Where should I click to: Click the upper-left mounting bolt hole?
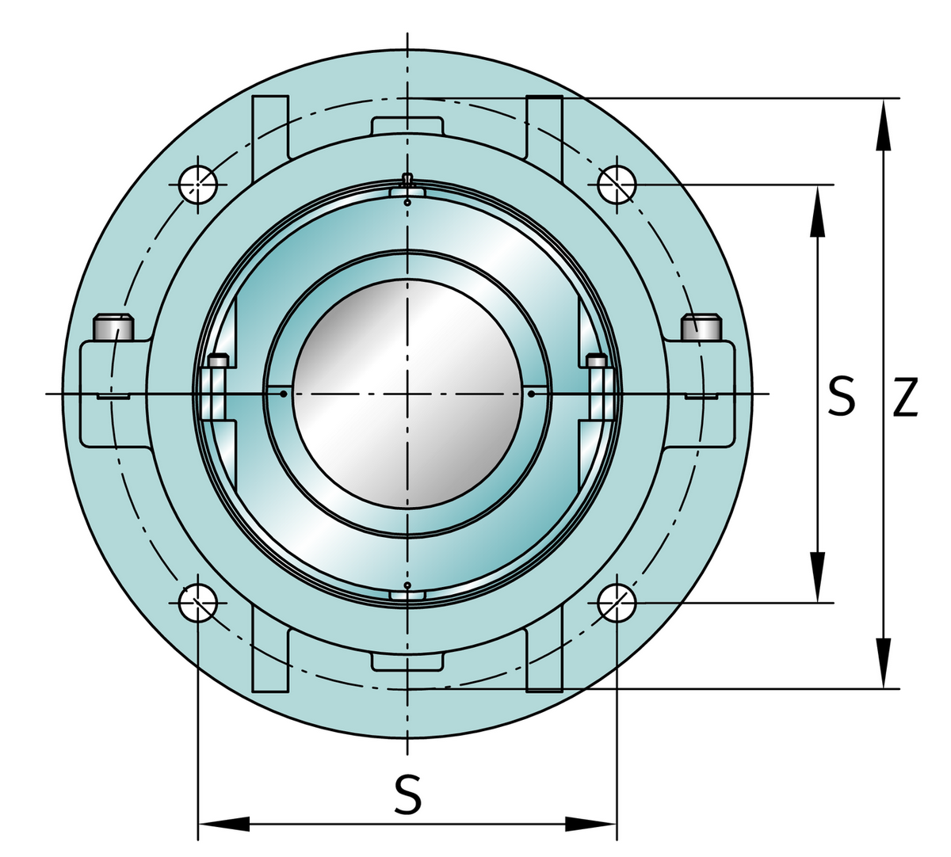[x=197, y=185]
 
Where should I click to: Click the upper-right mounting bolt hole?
[x=617, y=185]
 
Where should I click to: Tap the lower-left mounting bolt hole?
[x=197, y=604]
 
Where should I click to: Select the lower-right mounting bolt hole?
[x=617, y=604]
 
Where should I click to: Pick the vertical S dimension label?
[x=841, y=397]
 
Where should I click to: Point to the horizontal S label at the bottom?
[x=407, y=795]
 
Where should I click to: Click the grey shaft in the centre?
[x=407, y=394]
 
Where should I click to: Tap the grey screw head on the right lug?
[x=702, y=326]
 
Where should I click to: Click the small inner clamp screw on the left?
[x=217, y=362]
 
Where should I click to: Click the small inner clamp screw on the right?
[x=598, y=362]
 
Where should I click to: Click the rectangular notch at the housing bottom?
[x=407, y=661]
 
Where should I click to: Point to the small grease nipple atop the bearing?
[x=407, y=178]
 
